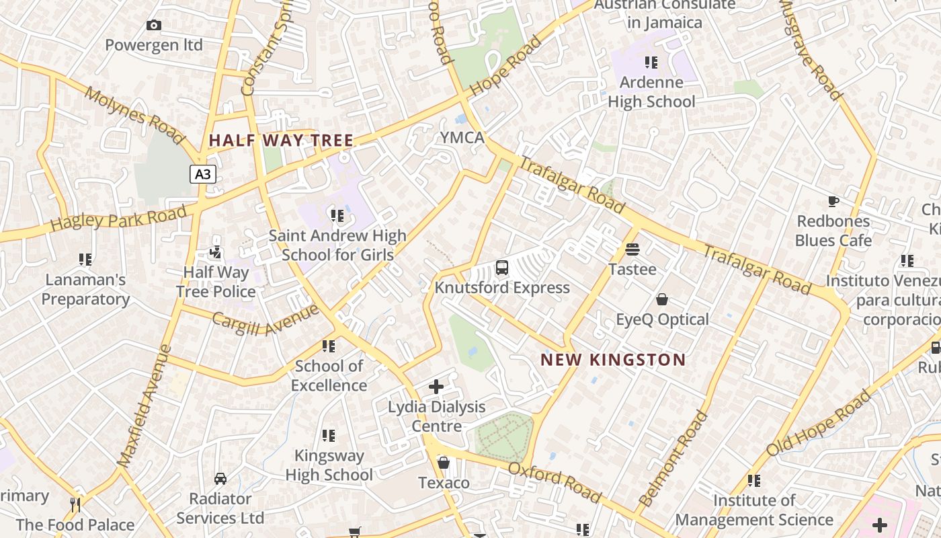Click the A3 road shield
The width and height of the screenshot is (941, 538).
[x=202, y=175]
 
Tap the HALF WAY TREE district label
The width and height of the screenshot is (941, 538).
[x=281, y=141]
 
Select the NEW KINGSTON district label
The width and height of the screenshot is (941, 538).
[x=613, y=360]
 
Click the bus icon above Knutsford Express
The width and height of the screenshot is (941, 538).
[x=502, y=268]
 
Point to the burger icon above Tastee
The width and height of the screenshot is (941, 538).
[x=632, y=249]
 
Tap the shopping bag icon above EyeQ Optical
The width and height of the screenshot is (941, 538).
[x=662, y=299]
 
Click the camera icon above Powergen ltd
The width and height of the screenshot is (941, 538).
[x=154, y=26]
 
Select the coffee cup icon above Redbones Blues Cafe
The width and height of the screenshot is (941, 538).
[x=833, y=201]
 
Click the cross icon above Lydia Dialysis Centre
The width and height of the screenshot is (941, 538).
[x=436, y=387]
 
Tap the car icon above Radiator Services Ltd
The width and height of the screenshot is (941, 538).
[x=220, y=479]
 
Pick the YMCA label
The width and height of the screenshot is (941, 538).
[x=462, y=138]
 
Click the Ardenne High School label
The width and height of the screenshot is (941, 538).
[x=651, y=92]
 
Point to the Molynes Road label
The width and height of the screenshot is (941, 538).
[x=134, y=115]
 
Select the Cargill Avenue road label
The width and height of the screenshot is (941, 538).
[x=265, y=319]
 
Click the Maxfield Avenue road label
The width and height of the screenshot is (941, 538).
[x=145, y=406]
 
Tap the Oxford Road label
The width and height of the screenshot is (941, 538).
[x=555, y=482]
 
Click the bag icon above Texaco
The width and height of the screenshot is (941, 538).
[x=444, y=463]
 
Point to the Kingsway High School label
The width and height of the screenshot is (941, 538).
[x=329, y=465]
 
